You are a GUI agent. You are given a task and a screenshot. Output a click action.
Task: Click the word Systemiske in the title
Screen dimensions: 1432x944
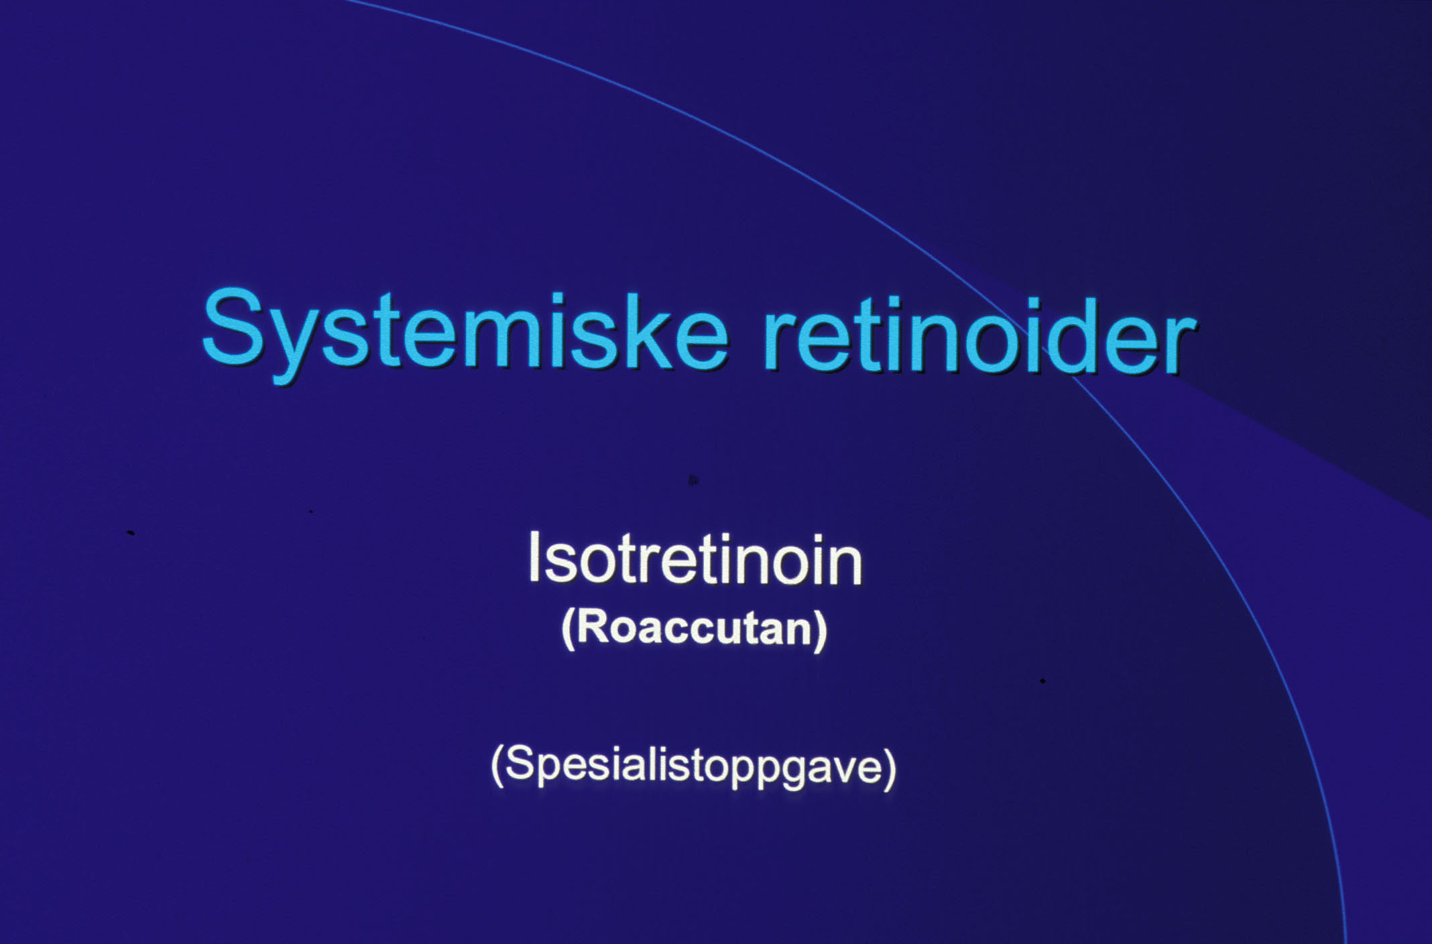click(x=465, y=334)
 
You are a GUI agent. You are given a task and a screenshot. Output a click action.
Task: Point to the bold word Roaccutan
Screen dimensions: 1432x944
click(x=695, y=628)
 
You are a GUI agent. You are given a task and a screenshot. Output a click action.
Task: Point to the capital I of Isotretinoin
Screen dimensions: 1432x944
click(x=534, y=556)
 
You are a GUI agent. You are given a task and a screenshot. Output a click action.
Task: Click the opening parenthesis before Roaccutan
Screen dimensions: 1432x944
click(x=569, y=630)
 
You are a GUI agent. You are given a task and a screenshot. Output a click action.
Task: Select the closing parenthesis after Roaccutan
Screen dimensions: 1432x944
click(x=820, y=630)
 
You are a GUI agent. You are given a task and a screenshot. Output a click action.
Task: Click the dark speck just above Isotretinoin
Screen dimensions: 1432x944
click(x=693, y=479)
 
